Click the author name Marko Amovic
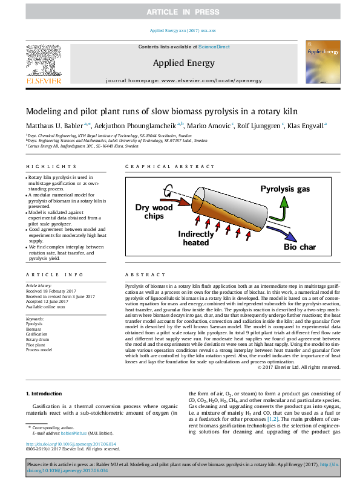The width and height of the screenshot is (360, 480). (209, 125)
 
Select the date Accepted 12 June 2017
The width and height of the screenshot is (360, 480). (51, 301)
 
